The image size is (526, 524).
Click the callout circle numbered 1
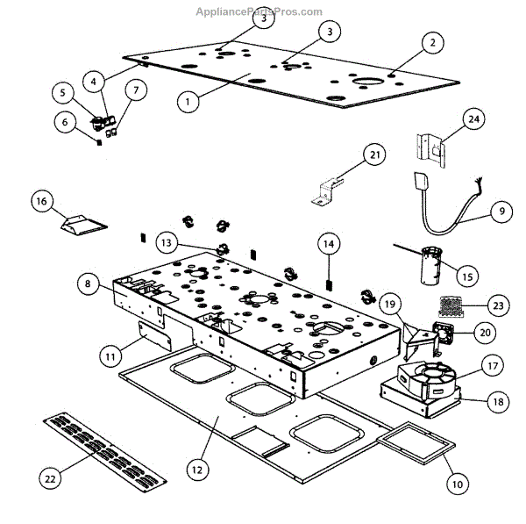pos(186,102)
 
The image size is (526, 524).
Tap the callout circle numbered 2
pos(431,42)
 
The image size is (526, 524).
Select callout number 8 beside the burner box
pos(87,284)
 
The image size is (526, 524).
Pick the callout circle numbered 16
pos(40,201)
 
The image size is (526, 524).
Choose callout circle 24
pos(473,120)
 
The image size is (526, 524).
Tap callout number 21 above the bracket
pos(375,155)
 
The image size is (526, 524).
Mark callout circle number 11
pos(110,356)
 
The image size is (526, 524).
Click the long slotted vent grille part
pos(103,448)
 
